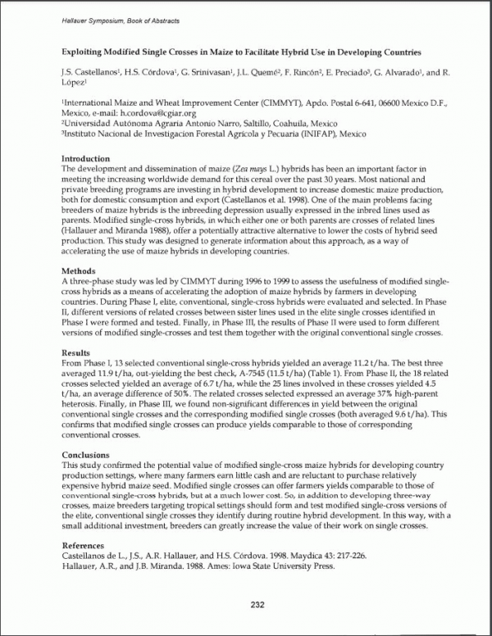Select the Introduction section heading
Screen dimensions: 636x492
point(86,159)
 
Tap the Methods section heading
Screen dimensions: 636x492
point(80,270)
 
